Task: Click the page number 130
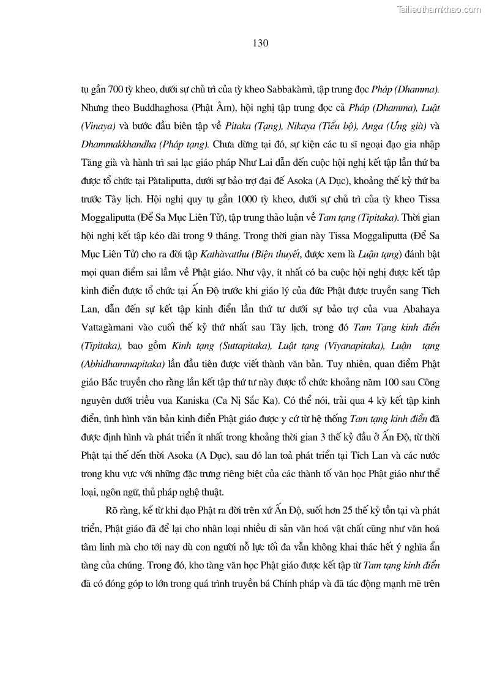(x=260, y=43)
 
